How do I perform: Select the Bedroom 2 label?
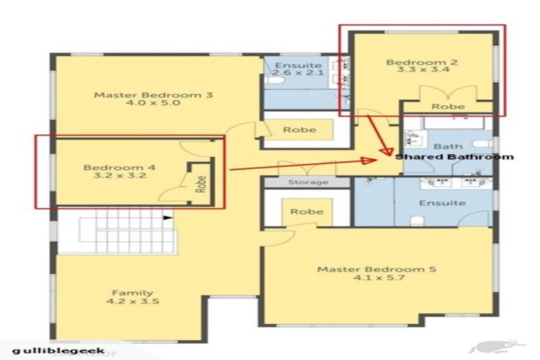[x=422, y=63]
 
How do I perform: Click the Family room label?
[x=132, y=292]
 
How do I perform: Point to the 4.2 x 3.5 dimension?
[x=132, y=302]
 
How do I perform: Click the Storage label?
[x=308, y=183]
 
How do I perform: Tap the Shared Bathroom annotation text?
[x=454, y=157]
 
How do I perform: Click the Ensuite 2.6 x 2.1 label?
[x=288, y=70]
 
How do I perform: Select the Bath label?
[x=448, y=146]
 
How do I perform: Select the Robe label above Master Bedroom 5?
[x=307, y=212]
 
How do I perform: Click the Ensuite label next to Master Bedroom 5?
[x=442, y=203]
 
